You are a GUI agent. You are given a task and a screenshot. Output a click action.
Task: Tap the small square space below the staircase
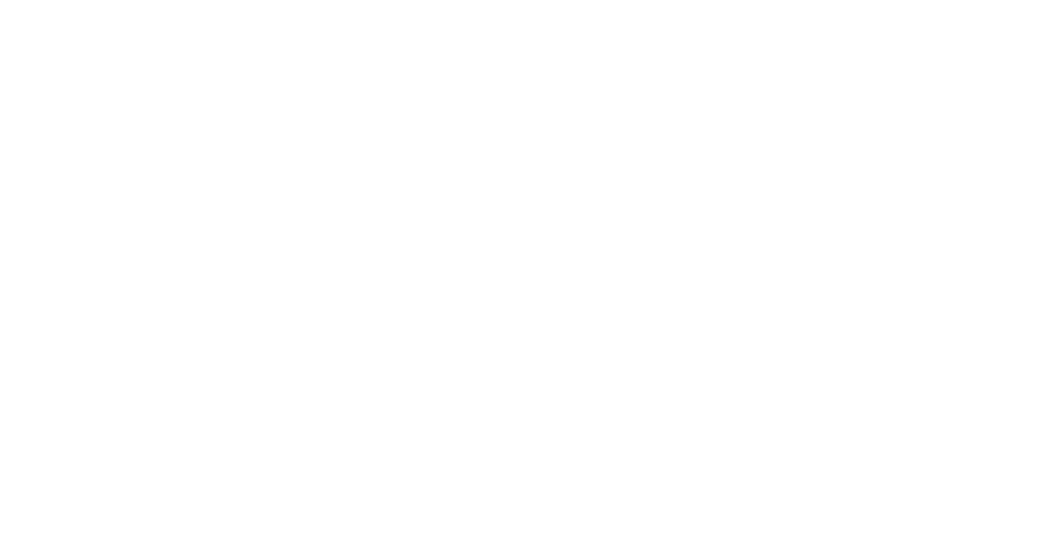(631, 357)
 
